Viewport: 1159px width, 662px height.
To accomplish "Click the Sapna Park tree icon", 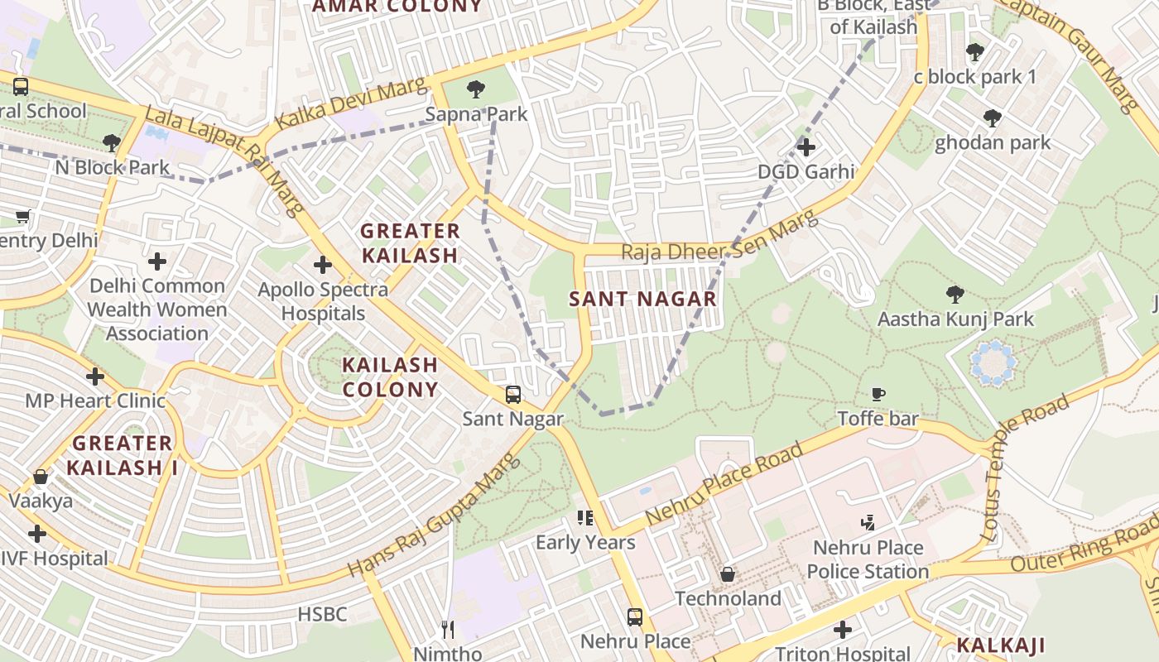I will point(476,89).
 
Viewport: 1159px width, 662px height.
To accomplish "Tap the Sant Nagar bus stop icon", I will point(513,395).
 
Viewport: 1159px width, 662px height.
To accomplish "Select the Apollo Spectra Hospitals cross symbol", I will point(323,266).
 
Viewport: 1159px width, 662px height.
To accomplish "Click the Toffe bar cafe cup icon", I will point(878,395).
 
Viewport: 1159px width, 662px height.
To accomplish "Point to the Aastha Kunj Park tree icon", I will point(955,294).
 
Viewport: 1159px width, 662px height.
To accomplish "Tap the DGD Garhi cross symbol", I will point(806,147).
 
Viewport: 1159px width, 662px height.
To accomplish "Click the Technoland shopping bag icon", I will point(728,573).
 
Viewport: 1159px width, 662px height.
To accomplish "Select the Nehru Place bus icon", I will point(635,616).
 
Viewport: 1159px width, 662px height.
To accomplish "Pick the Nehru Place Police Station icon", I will point(868,522).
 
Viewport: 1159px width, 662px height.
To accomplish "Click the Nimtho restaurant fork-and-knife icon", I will point(448,630).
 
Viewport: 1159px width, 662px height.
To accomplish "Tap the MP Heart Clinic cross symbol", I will point(95,377).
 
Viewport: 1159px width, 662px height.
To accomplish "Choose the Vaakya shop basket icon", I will point(41,477).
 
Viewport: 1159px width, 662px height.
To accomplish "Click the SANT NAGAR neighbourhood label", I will point(642,299).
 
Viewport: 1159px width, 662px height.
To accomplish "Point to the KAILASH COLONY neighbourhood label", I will point(390,377).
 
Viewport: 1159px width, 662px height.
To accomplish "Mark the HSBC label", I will point(322,614).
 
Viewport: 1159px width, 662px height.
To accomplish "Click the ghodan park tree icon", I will point(992,118).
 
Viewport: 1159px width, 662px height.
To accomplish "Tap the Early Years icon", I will point(585,519).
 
